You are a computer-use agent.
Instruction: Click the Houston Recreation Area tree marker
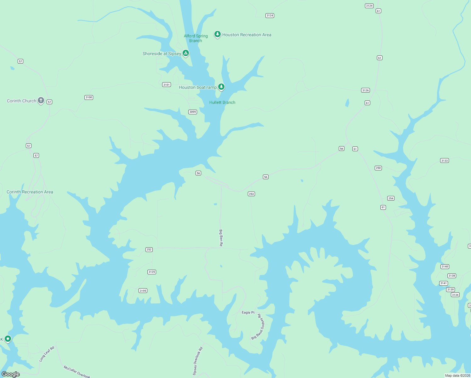[x=217, y=34]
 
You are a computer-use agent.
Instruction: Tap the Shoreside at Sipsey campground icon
[x=186, y=53]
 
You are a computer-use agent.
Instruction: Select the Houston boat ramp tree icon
[x=221, y=87]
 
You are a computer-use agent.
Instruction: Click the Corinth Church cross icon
[x=41, y=100]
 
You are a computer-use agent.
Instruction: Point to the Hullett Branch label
[x=222, y=102]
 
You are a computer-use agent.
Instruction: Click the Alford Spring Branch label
[x=196, y=38]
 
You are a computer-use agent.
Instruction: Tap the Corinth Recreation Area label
[x=30, y=192]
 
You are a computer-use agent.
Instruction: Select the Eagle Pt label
[x=248, y=312]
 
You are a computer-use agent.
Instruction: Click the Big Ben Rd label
[x=221, y=238]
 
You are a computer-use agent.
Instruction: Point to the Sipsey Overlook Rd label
[x=197, y=361]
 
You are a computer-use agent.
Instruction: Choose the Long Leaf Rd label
[x=47, y=354]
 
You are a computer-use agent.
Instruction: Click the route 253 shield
[x=251, y=194]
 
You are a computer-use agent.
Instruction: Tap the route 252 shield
[x=149, y=249]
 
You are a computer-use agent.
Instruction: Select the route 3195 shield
[x=143, y=291]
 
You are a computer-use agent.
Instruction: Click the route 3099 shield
[x=193, y=112]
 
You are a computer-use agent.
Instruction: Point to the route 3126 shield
[x=365, y=90]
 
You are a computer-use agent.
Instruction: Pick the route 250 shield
[x=378, y=168]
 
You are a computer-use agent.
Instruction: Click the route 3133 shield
[x=444, y=161]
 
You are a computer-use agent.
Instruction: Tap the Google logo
[x=11, y=374]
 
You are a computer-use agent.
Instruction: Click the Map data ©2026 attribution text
[x=457, y=375]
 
